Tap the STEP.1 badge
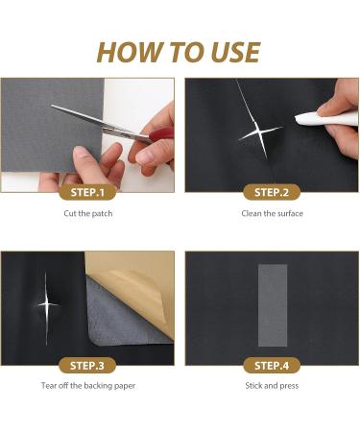click(x=89, y=191)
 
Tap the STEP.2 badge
click(x=271, y=191)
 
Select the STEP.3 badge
click(x=89, y=365)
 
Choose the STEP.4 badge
click(x=271, y=365)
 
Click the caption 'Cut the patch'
click(x=89, y=213)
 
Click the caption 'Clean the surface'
click(x=271, y=213)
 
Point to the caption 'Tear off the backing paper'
click(x=89, y=386)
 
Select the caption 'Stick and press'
click(x=271, y=386)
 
